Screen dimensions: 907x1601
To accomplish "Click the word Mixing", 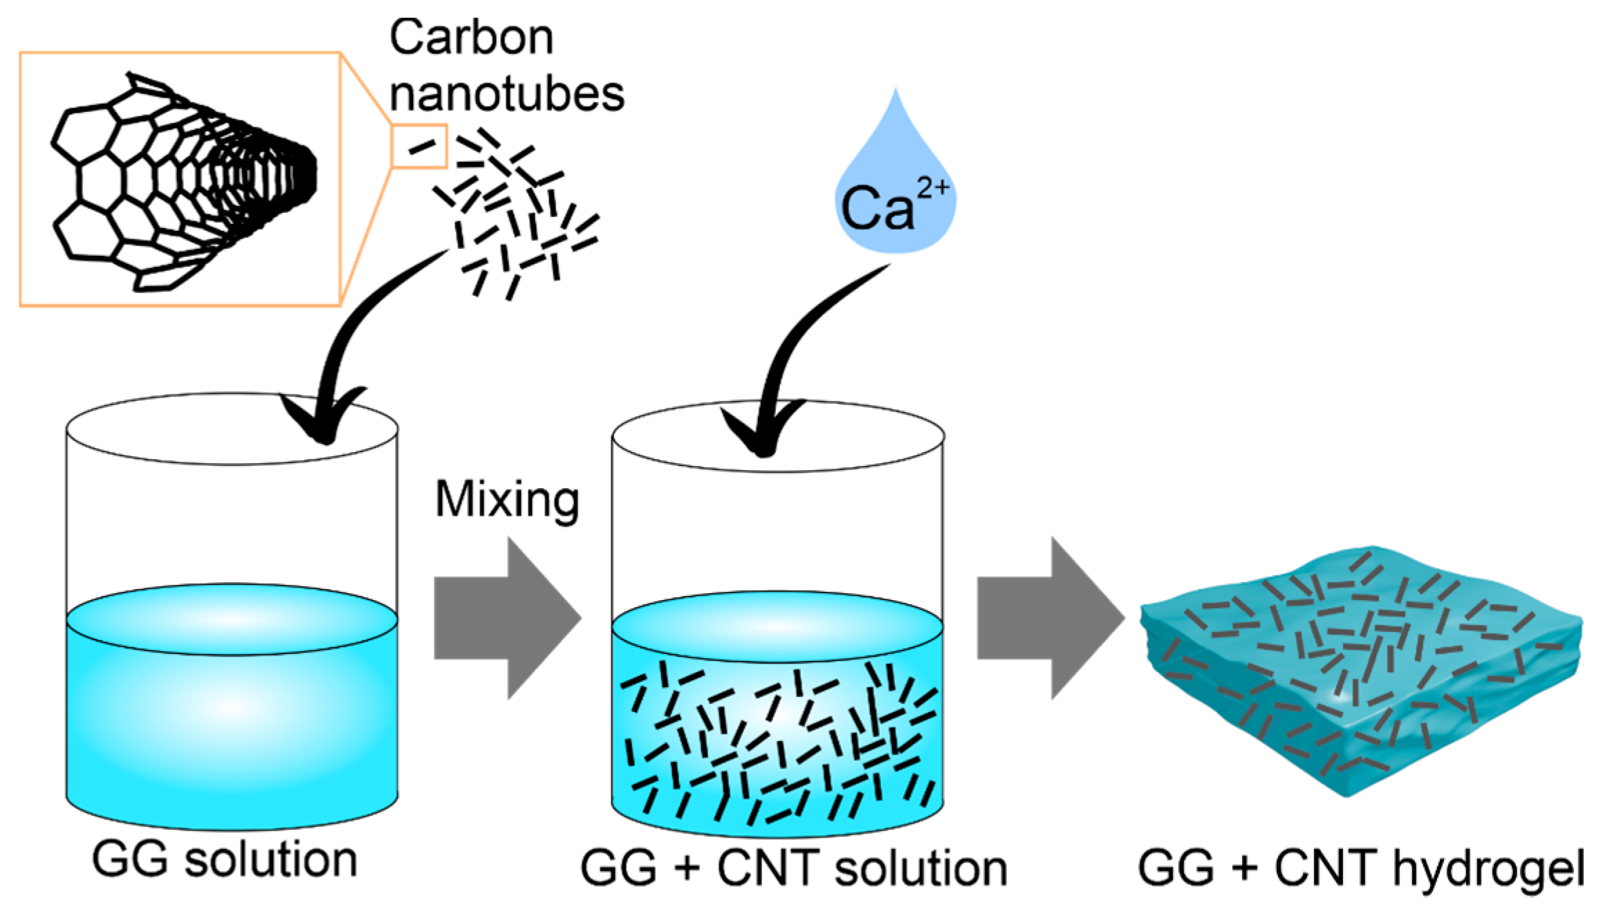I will pyautogui.click(x=507, y=499).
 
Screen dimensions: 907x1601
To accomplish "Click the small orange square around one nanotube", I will pyautogui.click(x=419, y=147).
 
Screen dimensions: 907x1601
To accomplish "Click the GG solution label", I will pyautogui.click(x=224, y=860).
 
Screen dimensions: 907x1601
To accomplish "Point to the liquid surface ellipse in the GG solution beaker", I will pyautogui.click(x=232, y=619).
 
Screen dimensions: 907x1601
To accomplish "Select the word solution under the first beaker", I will pyautogui.click(x=271, y=860).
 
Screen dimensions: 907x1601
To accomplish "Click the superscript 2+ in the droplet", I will pyautogui.click(x=933, y=187).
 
